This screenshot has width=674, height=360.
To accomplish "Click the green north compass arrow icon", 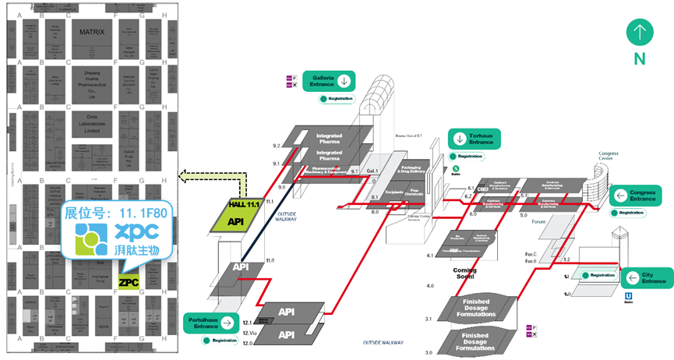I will (x=639, y=33).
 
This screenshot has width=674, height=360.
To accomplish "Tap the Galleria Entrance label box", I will (x=328, y=79).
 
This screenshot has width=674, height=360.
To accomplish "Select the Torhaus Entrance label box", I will (x=473, y=139).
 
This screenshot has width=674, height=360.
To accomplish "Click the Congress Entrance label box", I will (x=637, y=195).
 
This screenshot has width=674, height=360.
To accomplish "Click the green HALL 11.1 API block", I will (x=236, y=215).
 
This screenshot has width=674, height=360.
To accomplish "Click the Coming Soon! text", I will (x=464, y=274).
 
